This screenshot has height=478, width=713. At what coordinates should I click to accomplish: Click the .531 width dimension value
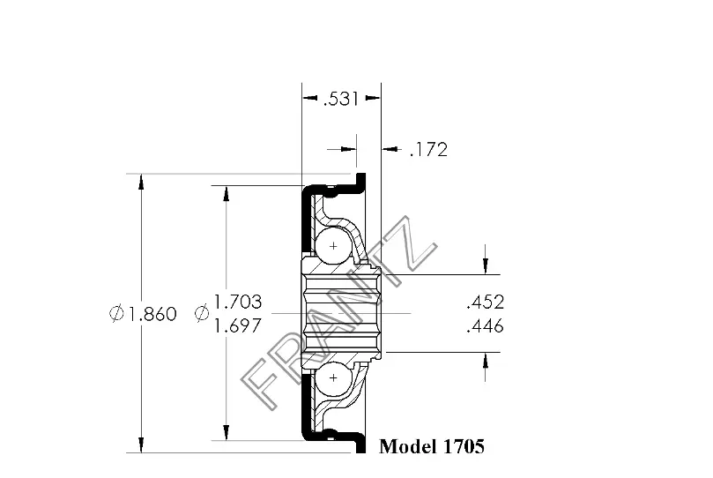(x=340, y=99)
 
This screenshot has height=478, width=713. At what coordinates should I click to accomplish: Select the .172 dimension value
(x=428, y=150)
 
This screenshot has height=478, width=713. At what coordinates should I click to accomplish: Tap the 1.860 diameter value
(x=151, y=314)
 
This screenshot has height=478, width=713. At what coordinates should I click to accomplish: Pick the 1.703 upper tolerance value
(x=238, y=302)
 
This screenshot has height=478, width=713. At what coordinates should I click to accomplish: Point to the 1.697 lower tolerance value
(x=238, y=325)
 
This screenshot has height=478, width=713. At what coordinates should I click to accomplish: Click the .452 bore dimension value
(x=486, y=302)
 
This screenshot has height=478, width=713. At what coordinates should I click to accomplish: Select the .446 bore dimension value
(x=486, y=326)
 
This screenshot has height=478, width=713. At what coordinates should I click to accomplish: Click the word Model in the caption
(x=409, y=446)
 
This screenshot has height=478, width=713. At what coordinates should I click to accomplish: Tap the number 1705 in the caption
(x=464, y=446)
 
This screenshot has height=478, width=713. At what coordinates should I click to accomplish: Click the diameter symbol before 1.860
(x=116, y=313)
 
